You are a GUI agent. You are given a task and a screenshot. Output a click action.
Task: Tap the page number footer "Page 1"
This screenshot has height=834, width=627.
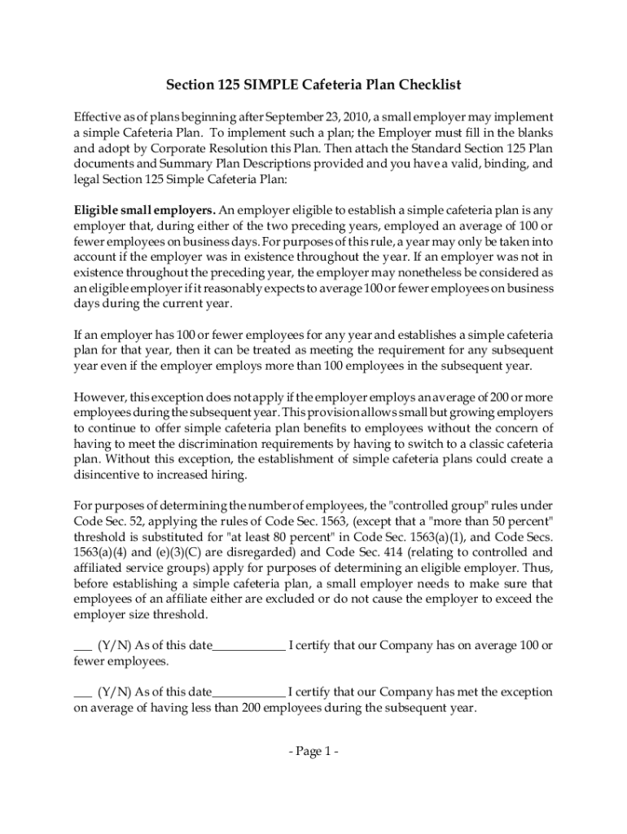coord(313,752)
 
